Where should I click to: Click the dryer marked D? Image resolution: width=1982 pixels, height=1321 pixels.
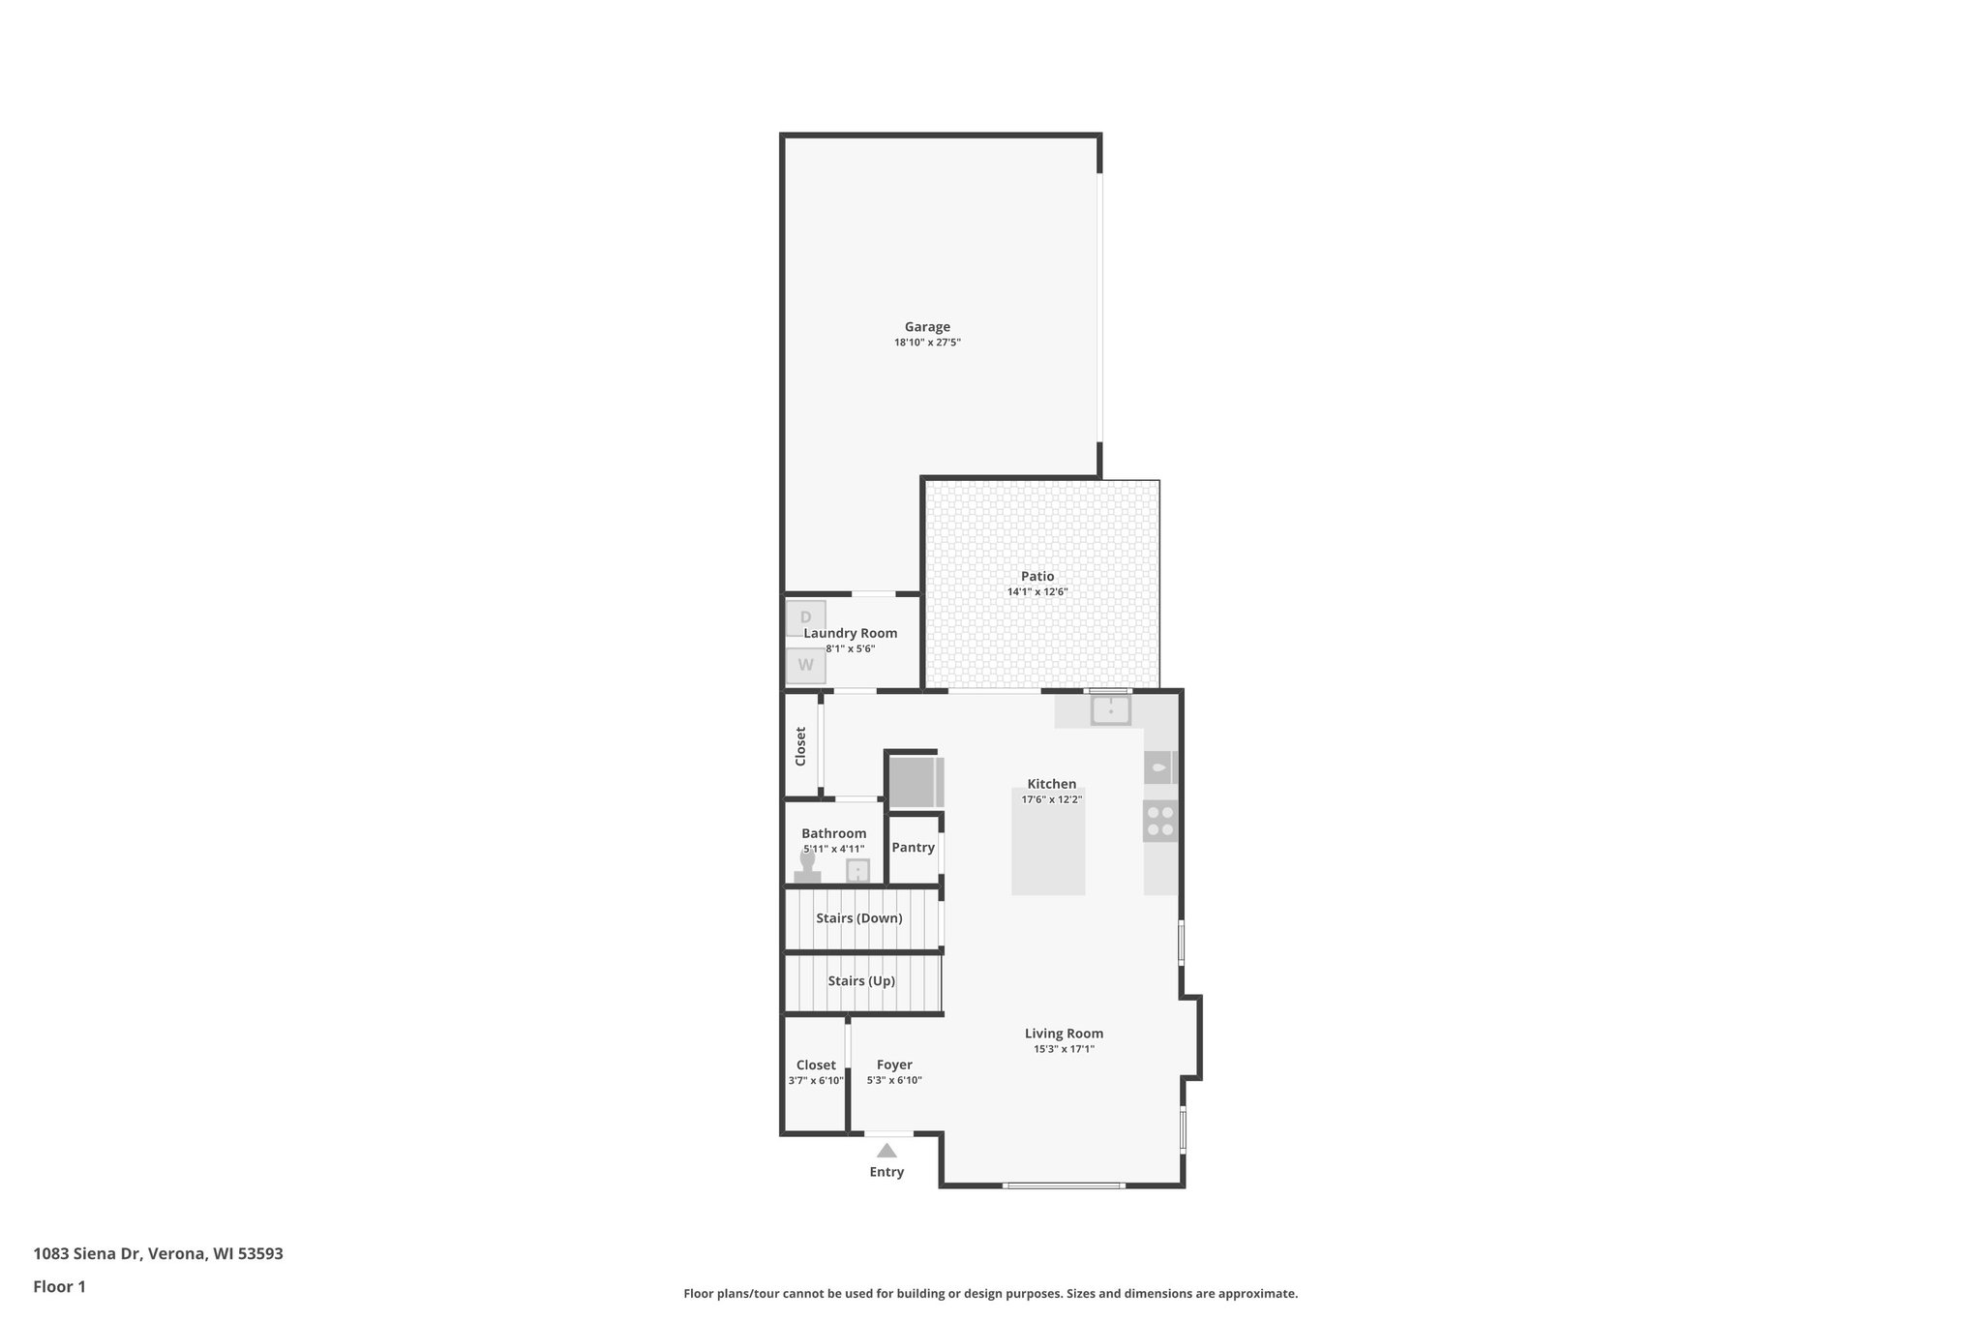pos(805,617)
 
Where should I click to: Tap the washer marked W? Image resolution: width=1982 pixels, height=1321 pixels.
pos(805,666)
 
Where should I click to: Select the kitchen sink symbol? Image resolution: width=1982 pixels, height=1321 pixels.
pos(1111,710)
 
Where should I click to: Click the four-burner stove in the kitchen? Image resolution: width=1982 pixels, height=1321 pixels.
pos(1160,821)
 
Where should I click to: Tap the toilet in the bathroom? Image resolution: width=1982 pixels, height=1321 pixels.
pos(807,866)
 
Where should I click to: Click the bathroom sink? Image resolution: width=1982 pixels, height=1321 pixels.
pos(857,871)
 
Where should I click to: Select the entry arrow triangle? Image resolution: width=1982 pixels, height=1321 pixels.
pos(886,1151)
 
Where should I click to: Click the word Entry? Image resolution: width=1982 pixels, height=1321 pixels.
pos(886,1172)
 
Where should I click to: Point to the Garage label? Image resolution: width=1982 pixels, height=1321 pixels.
pos(927,327)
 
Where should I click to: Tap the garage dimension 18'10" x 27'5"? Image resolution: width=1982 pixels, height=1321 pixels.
pos(927,343)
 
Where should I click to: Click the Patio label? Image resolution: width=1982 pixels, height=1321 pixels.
pos(1037,577)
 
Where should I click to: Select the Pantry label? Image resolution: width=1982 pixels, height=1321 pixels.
pos(913,848)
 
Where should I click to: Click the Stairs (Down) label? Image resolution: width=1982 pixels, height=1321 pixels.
pos(859,918)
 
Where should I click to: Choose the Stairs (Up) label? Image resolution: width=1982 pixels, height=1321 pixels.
pos(861,981)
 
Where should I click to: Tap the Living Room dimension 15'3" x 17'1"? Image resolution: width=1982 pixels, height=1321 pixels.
pos(1064,1049)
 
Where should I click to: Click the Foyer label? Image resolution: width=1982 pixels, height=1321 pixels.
pos(894,1065)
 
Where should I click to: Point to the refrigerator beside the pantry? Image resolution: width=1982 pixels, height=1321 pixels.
pos(913,782)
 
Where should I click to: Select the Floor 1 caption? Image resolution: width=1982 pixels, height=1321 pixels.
pos(59,1286)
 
